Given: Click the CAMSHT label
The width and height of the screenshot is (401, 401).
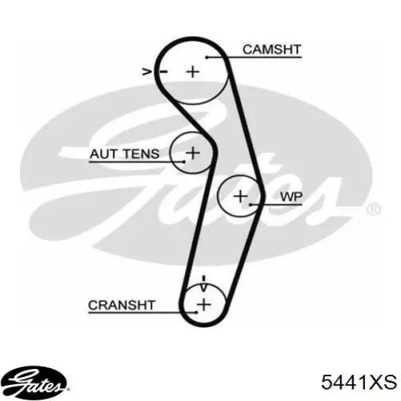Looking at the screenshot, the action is coord(272,49).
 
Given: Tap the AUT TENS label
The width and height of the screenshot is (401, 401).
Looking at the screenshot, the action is coord(124,154).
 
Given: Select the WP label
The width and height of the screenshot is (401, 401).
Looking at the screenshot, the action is coord(291,197).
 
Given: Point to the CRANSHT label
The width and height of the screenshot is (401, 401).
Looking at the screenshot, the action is coord(122,305).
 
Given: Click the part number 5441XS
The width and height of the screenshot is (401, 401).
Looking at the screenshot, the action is coord(359,382).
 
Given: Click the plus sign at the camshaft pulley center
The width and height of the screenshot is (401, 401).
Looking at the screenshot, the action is coord(193,72).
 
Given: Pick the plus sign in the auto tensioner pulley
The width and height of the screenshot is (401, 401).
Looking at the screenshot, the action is coord(193,153).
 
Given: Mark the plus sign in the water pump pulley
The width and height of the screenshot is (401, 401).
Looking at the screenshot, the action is coord(241,196).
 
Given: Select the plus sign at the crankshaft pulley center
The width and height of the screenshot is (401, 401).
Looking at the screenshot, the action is coord(204,304).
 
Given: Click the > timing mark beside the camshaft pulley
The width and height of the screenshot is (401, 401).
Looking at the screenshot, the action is coord(147,72).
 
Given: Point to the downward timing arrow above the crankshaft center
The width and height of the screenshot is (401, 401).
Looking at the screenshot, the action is coord(204,283).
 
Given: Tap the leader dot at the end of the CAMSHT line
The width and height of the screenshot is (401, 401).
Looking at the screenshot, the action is coord(207,57).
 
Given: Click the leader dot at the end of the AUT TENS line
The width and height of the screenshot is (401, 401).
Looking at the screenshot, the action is coord(184,162).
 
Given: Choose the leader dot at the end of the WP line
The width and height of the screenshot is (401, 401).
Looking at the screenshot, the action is coord(251,205).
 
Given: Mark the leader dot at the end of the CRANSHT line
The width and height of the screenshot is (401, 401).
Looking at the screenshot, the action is coord(196,312).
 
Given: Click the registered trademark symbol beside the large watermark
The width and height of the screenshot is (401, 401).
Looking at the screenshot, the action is coord(374,209).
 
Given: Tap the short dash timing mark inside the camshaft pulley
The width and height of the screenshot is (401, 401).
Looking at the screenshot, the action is coord(164,72).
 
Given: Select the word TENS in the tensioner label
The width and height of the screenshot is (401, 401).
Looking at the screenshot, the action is coord(142,154).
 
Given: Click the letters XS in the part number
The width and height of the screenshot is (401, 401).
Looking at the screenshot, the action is coord(383,382).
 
